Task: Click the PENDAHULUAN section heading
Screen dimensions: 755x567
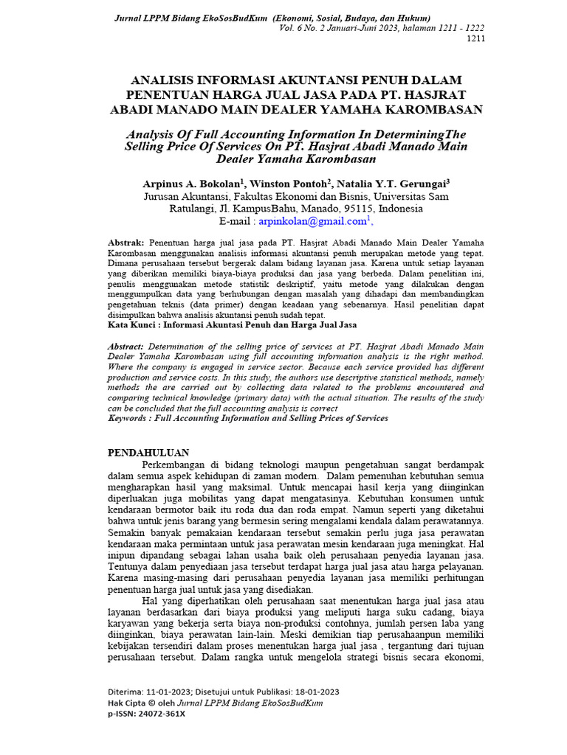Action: pos(148,453)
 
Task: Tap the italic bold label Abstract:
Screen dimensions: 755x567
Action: pos(127,346)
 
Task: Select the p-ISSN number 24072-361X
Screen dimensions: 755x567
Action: pos(159,714)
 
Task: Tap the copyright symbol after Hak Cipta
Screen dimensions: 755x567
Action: pos(150,703)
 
